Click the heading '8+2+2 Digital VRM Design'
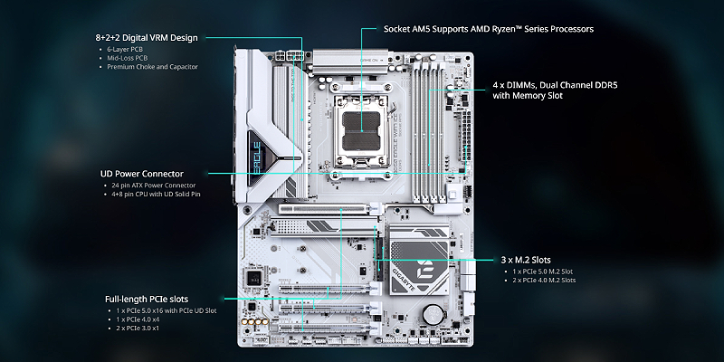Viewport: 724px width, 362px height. click(x=146, y=37)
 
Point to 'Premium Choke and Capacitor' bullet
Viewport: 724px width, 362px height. click(x=152, y=67)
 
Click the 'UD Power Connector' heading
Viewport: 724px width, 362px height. click(x=141, y=173)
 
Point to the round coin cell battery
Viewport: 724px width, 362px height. click(x=435, y=312)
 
